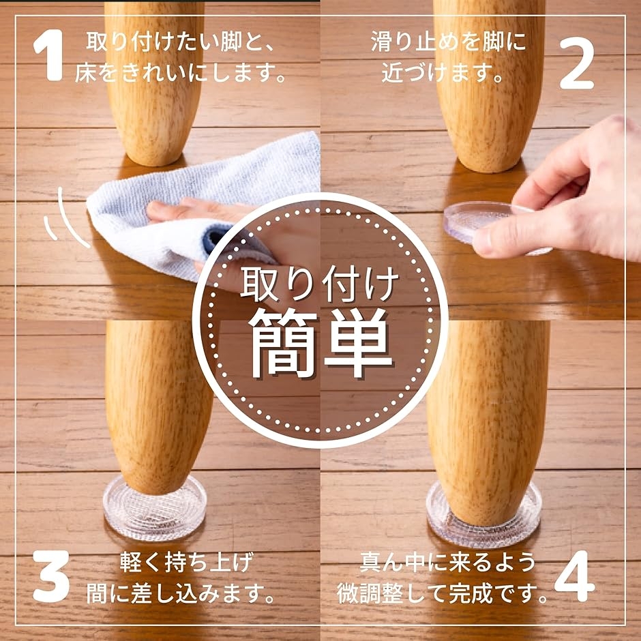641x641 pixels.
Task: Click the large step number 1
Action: [50, 55]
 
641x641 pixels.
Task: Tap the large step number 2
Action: [576, 63]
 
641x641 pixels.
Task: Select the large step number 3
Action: [51, 576]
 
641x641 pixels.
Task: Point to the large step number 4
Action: [574, 576]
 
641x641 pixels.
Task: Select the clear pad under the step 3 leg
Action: [155, 508]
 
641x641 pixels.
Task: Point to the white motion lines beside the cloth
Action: [65, 219]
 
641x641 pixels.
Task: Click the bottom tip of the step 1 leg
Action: [153, 165]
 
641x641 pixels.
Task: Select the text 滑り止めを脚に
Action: [448, 42]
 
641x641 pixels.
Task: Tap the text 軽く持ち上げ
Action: [187, 563]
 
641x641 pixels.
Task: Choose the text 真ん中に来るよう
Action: [447, 563]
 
